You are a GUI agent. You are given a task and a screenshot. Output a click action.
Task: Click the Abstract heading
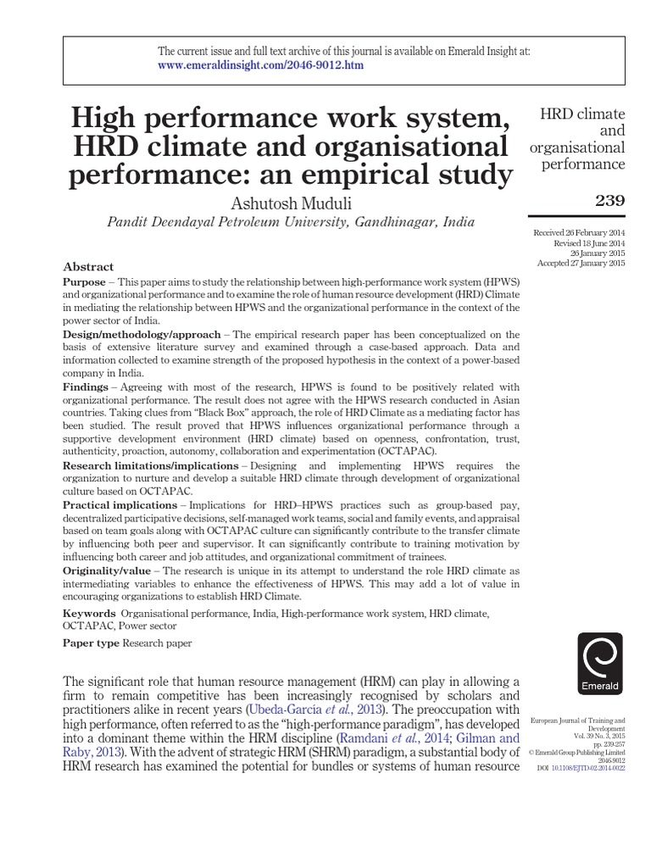pyautogui.click(x=88, y=266)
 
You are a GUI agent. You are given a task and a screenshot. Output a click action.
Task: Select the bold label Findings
pyautogui.click(x=86, y=387)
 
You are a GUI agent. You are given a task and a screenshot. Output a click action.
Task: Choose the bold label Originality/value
pyautogui.click(x=108, y=570)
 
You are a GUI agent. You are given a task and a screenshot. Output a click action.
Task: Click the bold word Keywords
pyautogui.click(x=89, y=611)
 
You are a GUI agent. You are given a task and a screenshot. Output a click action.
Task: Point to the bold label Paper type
pyautogui.click(x=92, y=643)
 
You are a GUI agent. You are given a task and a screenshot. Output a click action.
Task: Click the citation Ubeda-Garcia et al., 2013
pyautogui.click(x=319, y=708)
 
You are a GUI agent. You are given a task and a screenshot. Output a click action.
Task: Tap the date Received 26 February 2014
pyautogui.click(x=578, y=232)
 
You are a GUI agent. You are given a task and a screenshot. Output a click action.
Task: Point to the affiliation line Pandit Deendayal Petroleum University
pyautogui.click(x=291, y=222)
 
